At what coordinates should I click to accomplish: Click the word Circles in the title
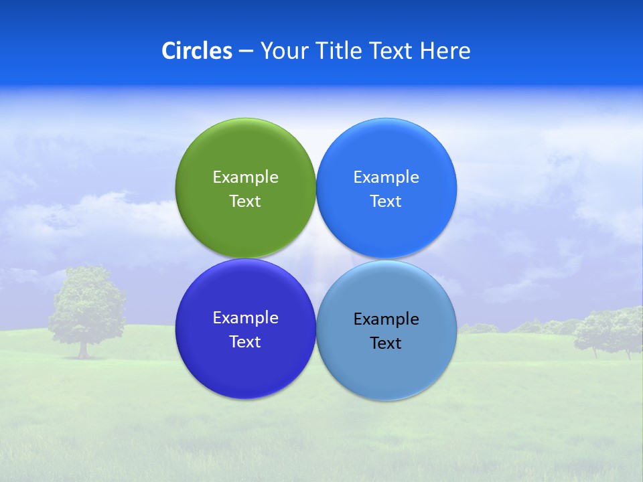[x=197, y=51]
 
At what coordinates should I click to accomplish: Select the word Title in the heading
[x=340, y=51]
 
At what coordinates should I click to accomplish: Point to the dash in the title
[x=246, y=52]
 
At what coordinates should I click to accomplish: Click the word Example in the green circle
[x=245, y=177]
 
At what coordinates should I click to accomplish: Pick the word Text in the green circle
[x=245, y=201]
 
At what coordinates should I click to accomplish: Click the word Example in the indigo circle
[x=245, y=317]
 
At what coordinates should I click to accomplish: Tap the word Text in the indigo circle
[x=245, y=341]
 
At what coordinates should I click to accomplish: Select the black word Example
[x=386, y=319]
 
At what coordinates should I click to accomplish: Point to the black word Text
[x=386, y=343]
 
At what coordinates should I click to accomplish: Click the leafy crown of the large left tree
[x=88, y=298]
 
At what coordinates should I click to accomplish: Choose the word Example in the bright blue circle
[x=386, y=177]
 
